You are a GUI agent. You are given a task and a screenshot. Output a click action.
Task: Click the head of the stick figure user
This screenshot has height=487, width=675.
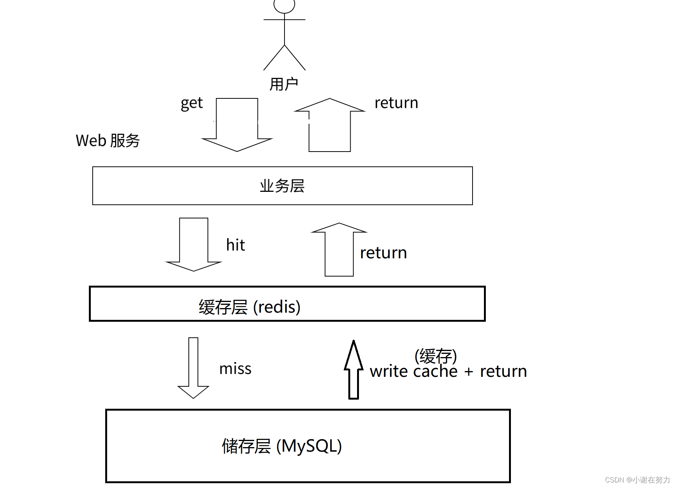[x=284, y=5]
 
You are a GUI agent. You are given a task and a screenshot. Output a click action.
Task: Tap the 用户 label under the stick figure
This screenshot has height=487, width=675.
[x=283, y=84]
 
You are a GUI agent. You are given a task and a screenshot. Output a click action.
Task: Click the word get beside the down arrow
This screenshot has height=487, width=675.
[x=191, y=103]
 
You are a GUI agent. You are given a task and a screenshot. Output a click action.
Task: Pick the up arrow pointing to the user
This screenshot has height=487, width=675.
[x=330, y=125]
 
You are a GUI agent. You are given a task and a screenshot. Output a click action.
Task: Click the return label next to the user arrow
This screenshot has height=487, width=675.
[x=396, y=103]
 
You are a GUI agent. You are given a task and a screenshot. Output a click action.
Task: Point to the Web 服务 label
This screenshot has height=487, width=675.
[x=107, y=141]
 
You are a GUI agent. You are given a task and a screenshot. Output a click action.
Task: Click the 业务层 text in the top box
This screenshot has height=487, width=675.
[x=282, y=186]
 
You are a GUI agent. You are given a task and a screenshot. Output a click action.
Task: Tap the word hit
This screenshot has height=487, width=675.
[x=236, y=245]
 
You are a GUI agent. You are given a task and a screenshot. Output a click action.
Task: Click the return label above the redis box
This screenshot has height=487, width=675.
[x=383, y=253]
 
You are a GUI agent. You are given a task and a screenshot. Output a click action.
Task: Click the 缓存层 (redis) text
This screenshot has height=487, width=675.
[x=250, y=307]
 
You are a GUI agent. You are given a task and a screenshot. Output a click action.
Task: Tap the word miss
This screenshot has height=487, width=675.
[x=235, y=369]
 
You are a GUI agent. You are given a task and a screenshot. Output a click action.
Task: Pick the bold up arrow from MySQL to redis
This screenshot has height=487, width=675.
[x=354, y=370]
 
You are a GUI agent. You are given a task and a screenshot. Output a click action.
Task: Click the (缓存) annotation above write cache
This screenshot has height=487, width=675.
[x=435, y=356]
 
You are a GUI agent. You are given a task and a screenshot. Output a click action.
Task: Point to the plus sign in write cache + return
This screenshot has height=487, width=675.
[x=468, y=372]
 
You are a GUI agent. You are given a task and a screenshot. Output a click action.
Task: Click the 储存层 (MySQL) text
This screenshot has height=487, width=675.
[x=281, y=446]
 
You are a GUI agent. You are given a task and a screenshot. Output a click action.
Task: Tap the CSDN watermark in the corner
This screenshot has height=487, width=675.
[x=637, y=480]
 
